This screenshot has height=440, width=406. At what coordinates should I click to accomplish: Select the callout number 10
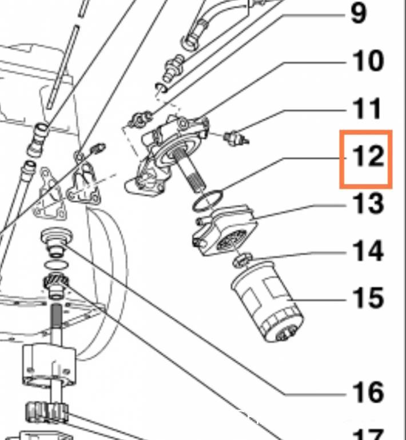(366, 61)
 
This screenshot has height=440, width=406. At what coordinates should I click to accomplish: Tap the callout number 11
(366, 108)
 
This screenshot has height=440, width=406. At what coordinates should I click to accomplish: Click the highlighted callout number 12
(366, 156)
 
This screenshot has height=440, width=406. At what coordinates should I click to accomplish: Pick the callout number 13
(366, 203)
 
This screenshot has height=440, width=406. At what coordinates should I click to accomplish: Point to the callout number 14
(366, 250)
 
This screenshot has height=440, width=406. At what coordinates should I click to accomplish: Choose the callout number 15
(366, 298)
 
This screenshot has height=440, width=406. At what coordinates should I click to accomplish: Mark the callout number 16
(366, 392)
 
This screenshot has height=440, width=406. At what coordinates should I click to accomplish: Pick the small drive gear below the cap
(57, 284)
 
